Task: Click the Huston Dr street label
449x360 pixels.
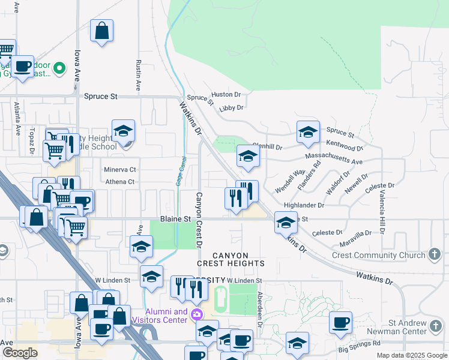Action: pos(226,94)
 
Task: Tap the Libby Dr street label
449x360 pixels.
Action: pos(231,108)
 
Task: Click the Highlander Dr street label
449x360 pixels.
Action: pos(304,205)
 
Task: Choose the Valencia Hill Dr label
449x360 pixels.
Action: pos(381,212)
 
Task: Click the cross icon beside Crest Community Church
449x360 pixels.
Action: pos(435,254)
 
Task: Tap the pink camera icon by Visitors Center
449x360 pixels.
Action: pos(196,314)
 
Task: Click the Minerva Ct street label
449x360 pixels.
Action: pos(120,170)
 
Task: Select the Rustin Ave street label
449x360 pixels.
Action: pos(138,75)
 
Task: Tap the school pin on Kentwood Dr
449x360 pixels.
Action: pos(307,133)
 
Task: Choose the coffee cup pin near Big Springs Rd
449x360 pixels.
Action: pos(340,323)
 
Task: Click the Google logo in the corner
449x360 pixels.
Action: pos(20,353)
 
